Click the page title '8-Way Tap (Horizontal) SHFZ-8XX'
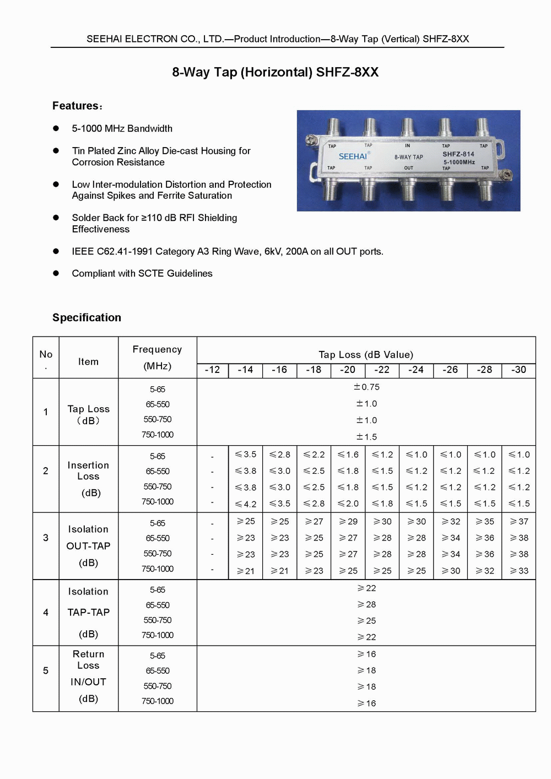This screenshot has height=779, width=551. [275, 72]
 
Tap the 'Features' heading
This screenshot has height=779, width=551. [77, 106]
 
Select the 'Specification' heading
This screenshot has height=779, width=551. [87, 317]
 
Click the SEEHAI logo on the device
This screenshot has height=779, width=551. [353, 156]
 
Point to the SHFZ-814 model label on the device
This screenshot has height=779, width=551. [458, 154]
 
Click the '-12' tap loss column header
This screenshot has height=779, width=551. [212, 370]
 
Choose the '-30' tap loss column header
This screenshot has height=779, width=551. [518, 370]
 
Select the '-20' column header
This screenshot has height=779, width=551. [348, 370]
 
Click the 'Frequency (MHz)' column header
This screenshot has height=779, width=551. [157, 358]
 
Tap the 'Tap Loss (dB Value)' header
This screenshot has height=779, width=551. [366, 354]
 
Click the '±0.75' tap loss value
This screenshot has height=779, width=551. [366, 387]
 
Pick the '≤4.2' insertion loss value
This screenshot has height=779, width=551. [246, 504]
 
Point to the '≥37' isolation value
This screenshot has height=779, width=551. [519, 521]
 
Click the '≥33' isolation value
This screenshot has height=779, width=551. [519, 571]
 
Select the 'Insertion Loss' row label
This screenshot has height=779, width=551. [88, 471]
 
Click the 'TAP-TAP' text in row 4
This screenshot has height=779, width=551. [88, 612]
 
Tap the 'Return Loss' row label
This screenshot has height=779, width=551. [88, 659]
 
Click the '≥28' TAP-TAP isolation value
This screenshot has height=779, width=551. [366, 604]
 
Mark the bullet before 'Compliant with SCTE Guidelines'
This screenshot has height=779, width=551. [56, 273]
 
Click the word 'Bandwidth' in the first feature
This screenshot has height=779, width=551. [149, 128]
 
